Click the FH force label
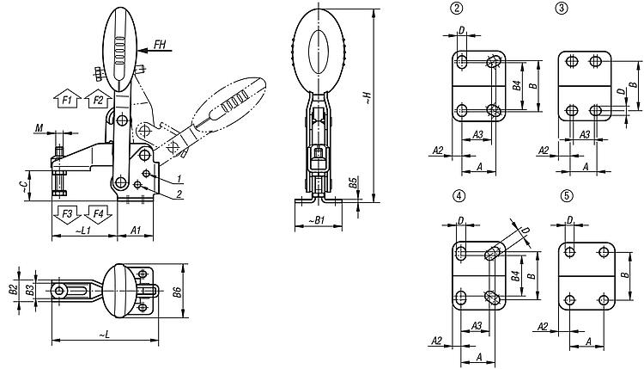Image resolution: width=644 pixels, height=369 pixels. (x=160, y=44)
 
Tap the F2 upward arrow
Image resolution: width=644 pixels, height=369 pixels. (x=98, y=98)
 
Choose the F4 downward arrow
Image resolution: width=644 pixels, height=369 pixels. (x=98, y=214)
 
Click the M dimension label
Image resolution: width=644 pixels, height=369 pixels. (x=39, y=128)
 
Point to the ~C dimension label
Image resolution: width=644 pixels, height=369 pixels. (x=26, y=187)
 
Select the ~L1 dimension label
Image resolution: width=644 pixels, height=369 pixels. (x=83, y=231)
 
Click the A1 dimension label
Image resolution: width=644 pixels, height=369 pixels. (x=136, y=231)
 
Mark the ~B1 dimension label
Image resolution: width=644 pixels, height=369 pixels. (x=317, y=220)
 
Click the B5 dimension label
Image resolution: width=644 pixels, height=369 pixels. (x=353, y=183)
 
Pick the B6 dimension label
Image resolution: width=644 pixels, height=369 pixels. (x=177, y=292)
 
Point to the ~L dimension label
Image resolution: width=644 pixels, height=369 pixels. (x=104, y=335)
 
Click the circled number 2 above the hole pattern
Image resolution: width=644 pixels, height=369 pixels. (x=456, y=9)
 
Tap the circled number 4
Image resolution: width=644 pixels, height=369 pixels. (x=459, y=196)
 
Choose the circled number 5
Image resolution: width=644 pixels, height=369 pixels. (x=567, y=196)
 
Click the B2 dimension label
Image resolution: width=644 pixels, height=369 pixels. (x=13, y=290)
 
